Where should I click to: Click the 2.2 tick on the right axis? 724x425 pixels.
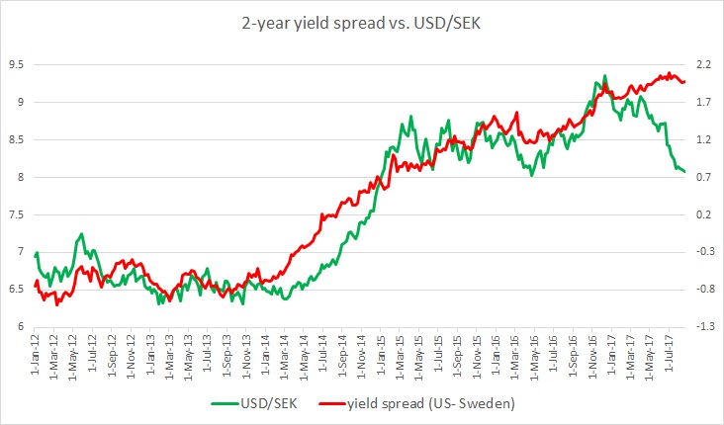coord(703,64)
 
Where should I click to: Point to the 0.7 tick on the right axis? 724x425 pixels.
coord(703,177)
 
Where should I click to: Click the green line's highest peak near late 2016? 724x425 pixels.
coord(604,76)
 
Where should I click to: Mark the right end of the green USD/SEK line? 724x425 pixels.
coord(684,172)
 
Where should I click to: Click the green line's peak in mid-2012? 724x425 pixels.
coord(81,234)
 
